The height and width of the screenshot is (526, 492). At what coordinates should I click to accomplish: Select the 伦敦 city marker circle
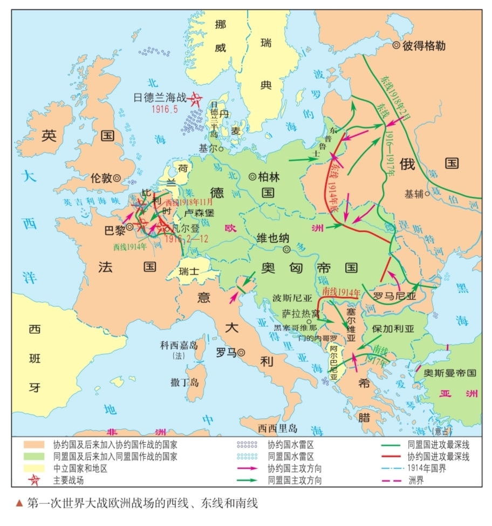[117, 177]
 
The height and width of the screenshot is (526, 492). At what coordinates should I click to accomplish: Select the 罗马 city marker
[242, 352]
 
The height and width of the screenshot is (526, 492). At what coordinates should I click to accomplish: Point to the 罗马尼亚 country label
[394, 296]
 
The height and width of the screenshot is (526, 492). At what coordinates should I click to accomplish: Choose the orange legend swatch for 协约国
[33, 445]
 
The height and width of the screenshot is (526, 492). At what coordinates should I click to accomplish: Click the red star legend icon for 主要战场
[33, 480]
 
